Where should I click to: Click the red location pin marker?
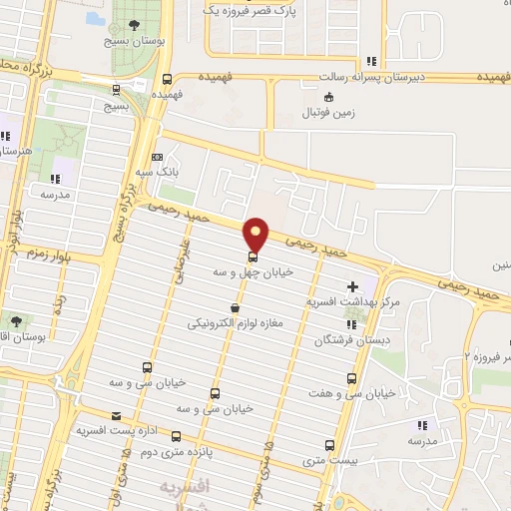(256, 234)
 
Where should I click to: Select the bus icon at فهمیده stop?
(167, 80)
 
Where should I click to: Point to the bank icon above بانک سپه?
(157, 158)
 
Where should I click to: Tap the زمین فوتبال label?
(330, 113)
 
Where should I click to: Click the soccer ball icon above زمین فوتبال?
(328, 97)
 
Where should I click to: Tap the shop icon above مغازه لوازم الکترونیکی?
(235, 309)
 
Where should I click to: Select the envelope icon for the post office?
(117, 415)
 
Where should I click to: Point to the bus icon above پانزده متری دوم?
(177, 436)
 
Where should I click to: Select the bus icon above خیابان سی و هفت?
(350, 378)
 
